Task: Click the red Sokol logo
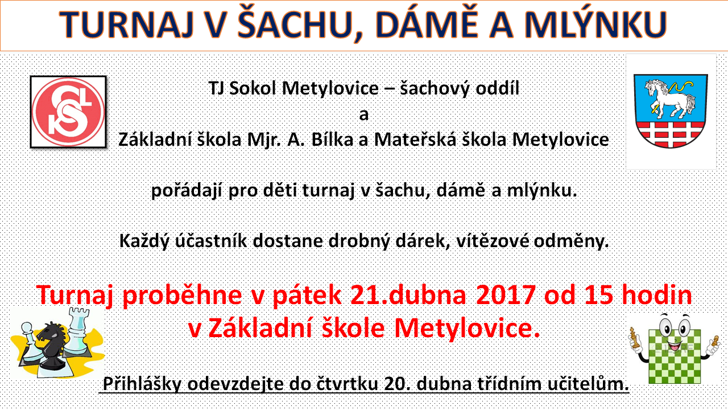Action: (68, 112)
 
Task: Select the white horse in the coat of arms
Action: (670, 98)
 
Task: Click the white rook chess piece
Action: (77, 332)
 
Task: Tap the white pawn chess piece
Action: (29, 342)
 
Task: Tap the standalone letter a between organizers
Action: (363, 115)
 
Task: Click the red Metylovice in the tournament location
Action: (467, 329)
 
